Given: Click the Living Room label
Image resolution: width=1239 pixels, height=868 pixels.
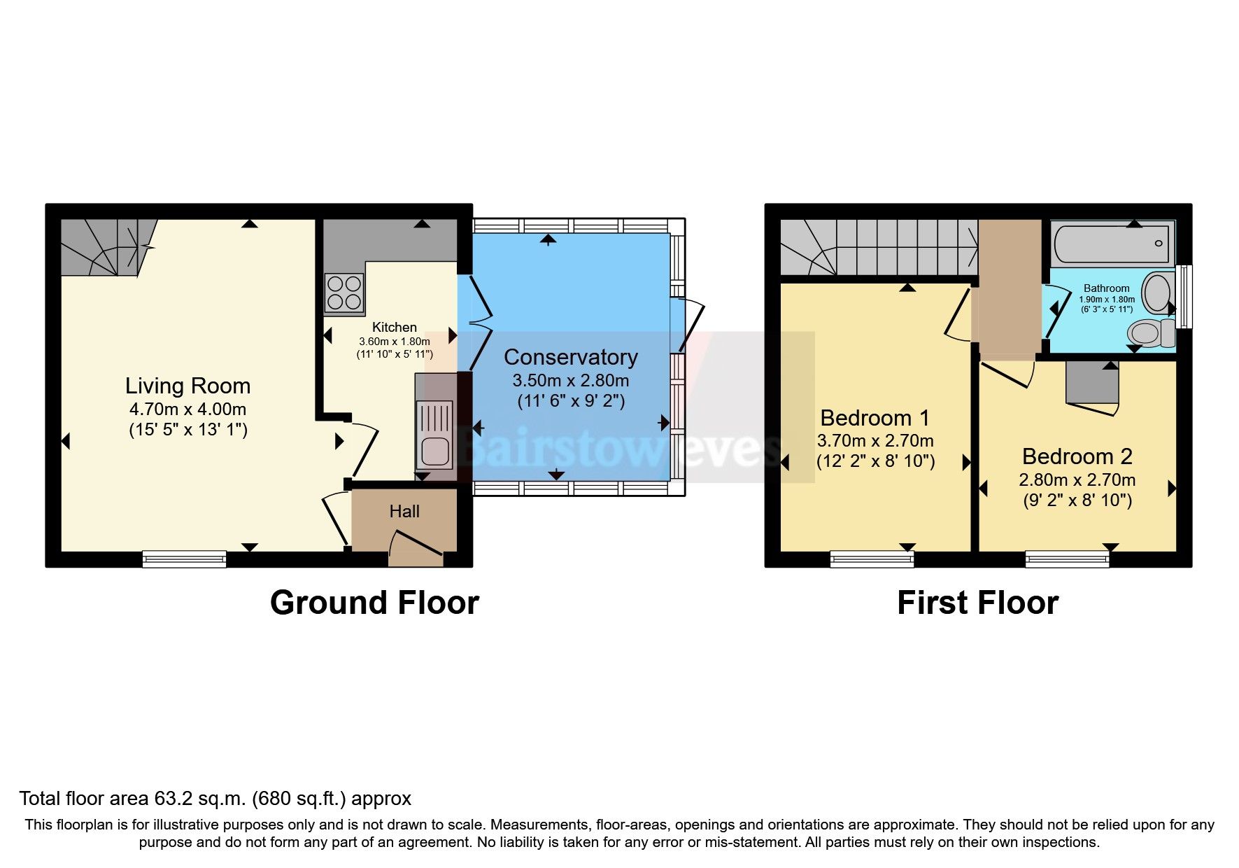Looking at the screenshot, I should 187,386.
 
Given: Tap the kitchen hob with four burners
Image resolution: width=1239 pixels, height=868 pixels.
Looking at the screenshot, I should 344,292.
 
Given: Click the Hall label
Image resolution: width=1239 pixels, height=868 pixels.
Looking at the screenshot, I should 404,512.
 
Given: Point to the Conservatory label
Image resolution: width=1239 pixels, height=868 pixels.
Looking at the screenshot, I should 570,357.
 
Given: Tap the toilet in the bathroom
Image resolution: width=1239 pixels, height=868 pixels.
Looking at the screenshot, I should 1151,332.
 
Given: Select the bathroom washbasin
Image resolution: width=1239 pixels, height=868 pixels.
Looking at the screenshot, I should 1157,293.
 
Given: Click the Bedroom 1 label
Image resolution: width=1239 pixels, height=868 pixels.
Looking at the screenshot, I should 875,418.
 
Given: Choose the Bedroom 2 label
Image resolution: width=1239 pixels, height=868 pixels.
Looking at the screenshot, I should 1077,456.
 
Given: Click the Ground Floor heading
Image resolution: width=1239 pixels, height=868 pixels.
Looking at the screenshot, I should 374,603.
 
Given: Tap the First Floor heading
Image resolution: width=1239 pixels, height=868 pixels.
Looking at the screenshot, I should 977,603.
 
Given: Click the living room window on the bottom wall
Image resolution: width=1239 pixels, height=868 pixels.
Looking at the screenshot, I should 184,558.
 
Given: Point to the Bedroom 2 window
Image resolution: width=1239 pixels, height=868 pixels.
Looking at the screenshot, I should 1067,558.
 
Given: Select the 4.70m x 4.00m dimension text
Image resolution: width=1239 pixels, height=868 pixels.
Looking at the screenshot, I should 187,409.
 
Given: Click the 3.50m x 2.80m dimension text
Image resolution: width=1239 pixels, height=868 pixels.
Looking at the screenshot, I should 570,381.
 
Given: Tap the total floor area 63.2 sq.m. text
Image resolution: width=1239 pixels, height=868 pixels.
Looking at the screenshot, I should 215,798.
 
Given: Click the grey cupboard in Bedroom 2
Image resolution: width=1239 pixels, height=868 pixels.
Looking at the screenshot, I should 1091,383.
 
